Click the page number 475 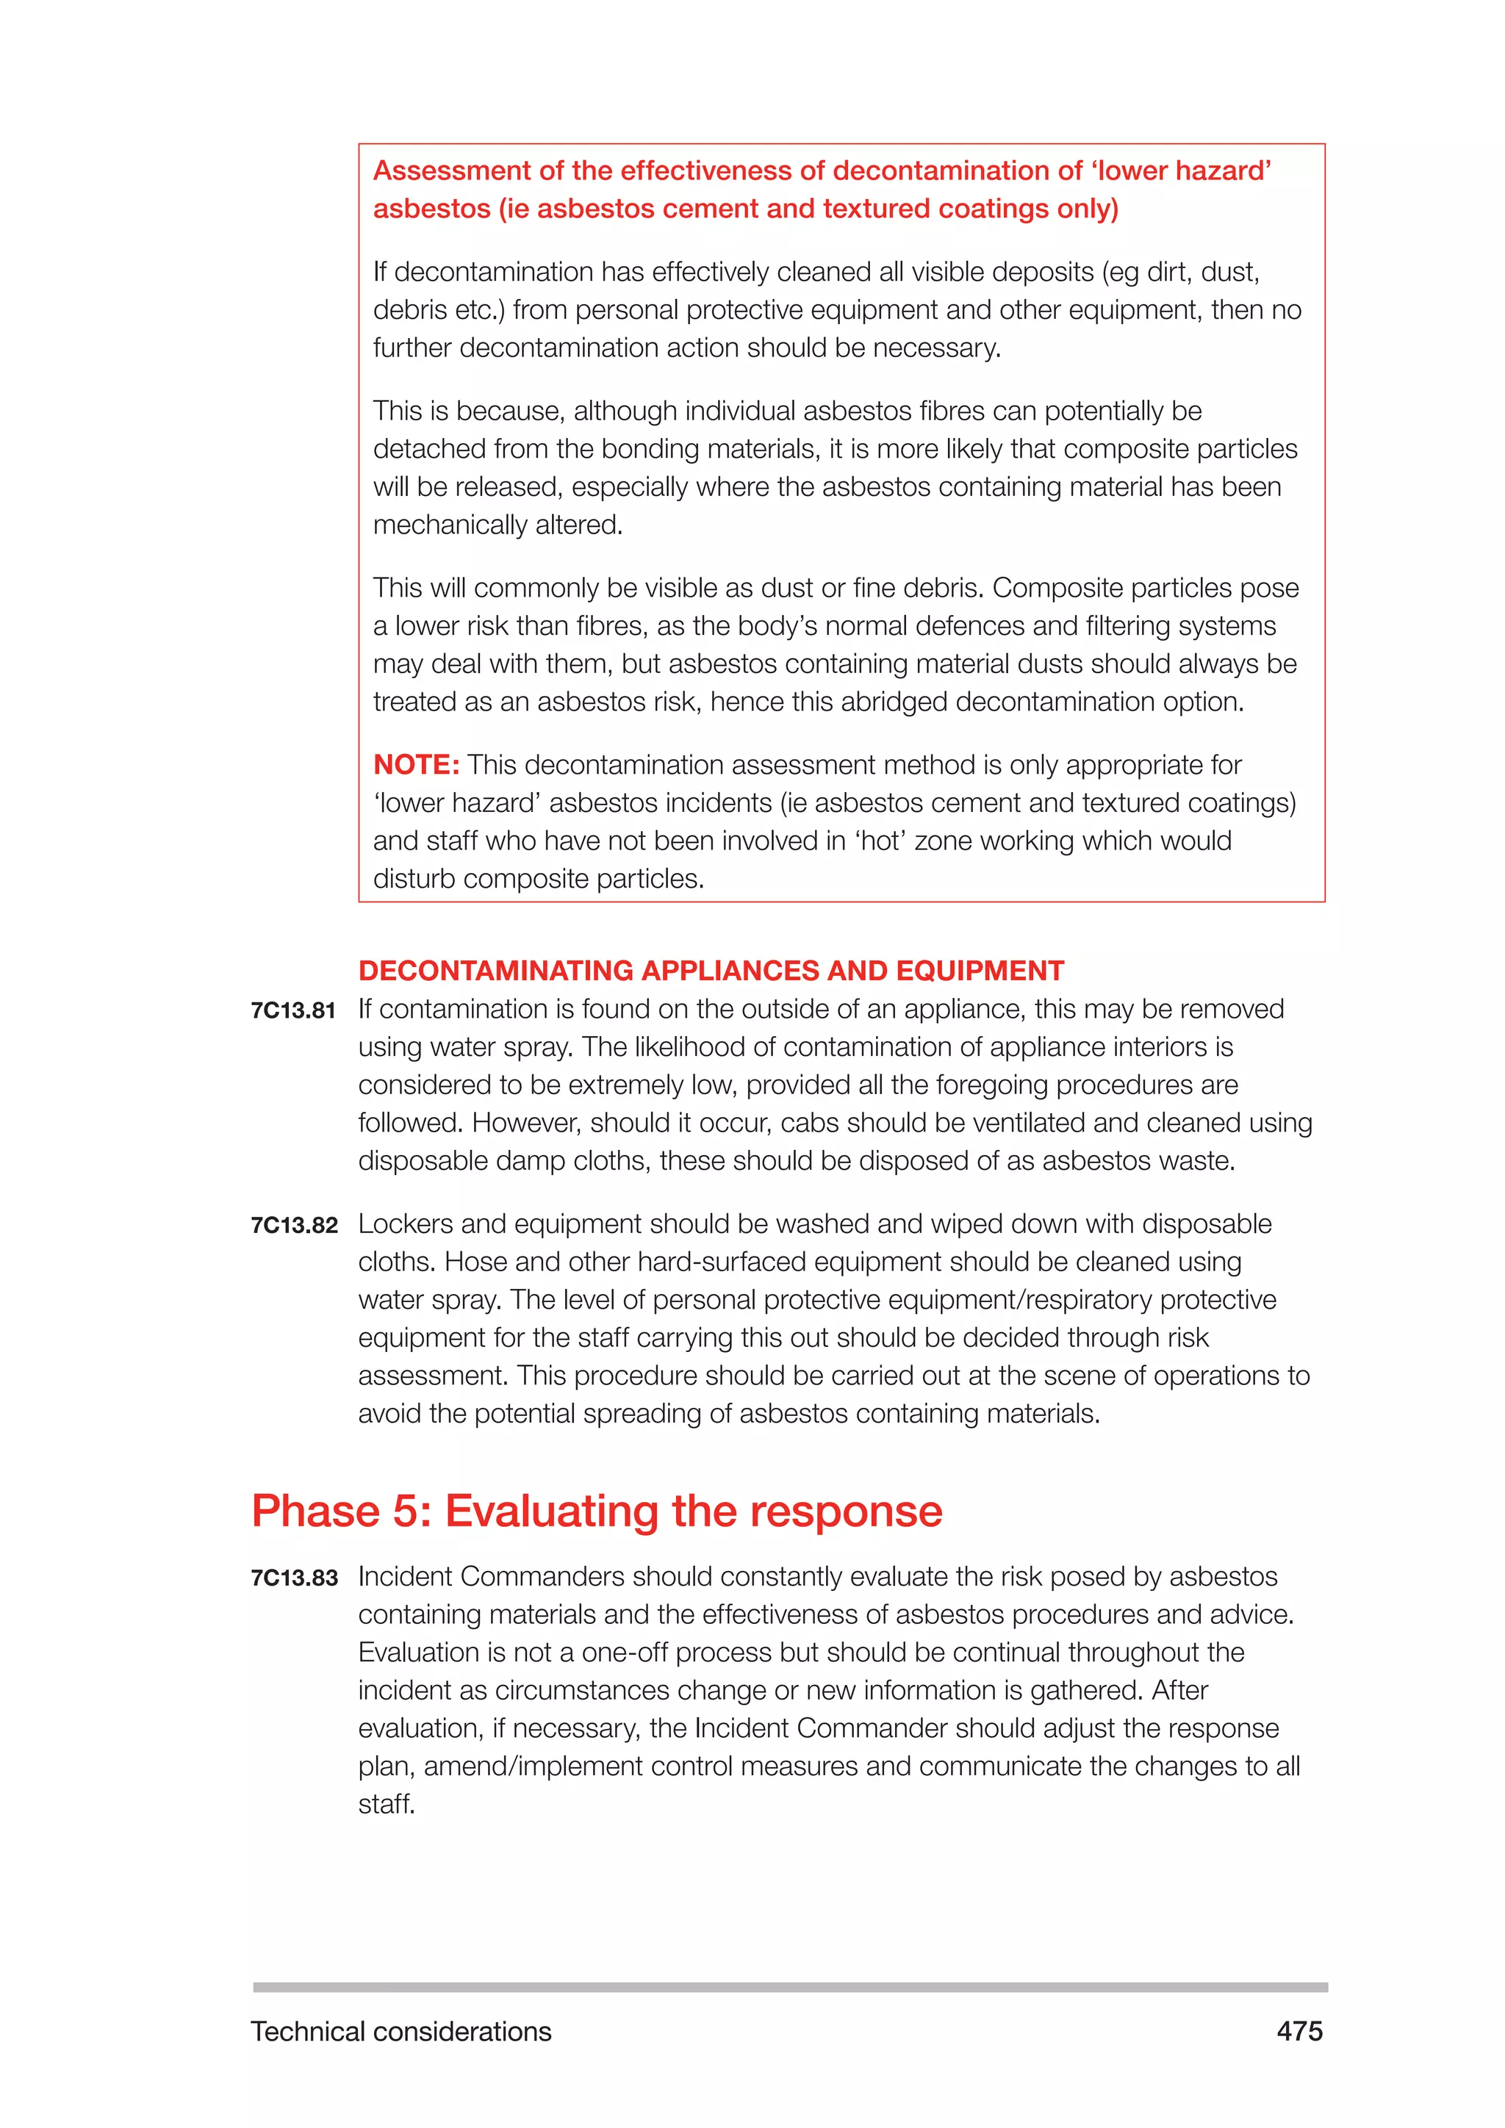click(1299, 2032)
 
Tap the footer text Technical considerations click(401, 2032)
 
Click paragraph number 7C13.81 click(293, 1011)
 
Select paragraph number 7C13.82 click(294, 1225)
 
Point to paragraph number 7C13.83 click(294, 1578)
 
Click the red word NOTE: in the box click(416, 765)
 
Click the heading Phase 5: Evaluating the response click(597, 1511)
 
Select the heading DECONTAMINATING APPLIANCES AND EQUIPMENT click(711, 971)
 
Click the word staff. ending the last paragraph click(387, 1805)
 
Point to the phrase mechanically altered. click(498, 525)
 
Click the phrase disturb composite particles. click(539, 879)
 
